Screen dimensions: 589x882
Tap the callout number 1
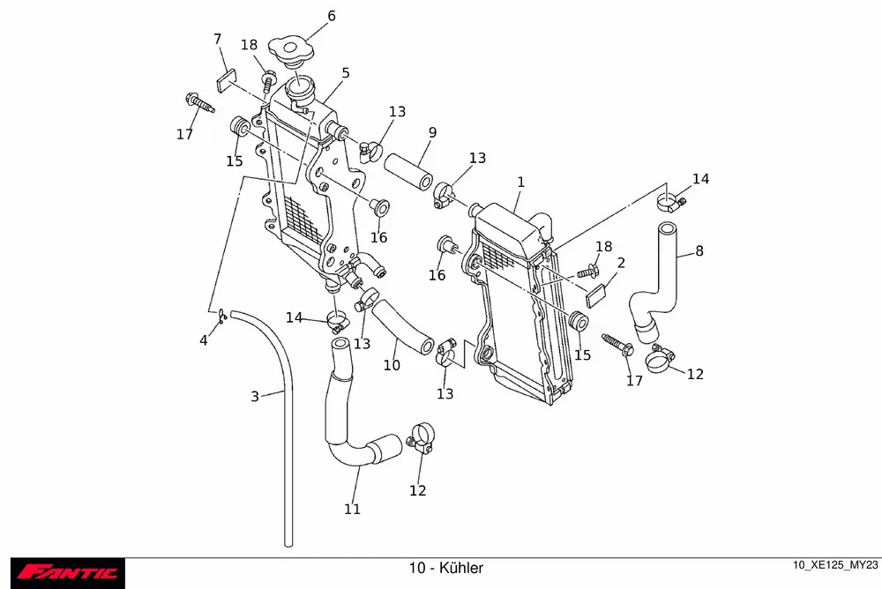tap(521, 182)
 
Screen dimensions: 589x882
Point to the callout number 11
tap(353, 509)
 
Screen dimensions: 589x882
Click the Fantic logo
tap(69, 573)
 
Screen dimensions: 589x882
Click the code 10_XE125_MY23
tap(836, 565)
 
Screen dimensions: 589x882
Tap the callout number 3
tap(255, 397)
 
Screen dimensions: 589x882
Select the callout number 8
tap(699, 250)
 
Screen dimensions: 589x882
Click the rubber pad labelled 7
tap(225, 80)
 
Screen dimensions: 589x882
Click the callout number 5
tap(346, 73)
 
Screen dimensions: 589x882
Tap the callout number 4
tap(204, 339)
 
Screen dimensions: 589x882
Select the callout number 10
tap(392, 364)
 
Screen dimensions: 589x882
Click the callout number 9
tap(432, 133)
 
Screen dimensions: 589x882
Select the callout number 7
tap(217, 39)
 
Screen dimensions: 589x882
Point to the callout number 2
tap(621, 263)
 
